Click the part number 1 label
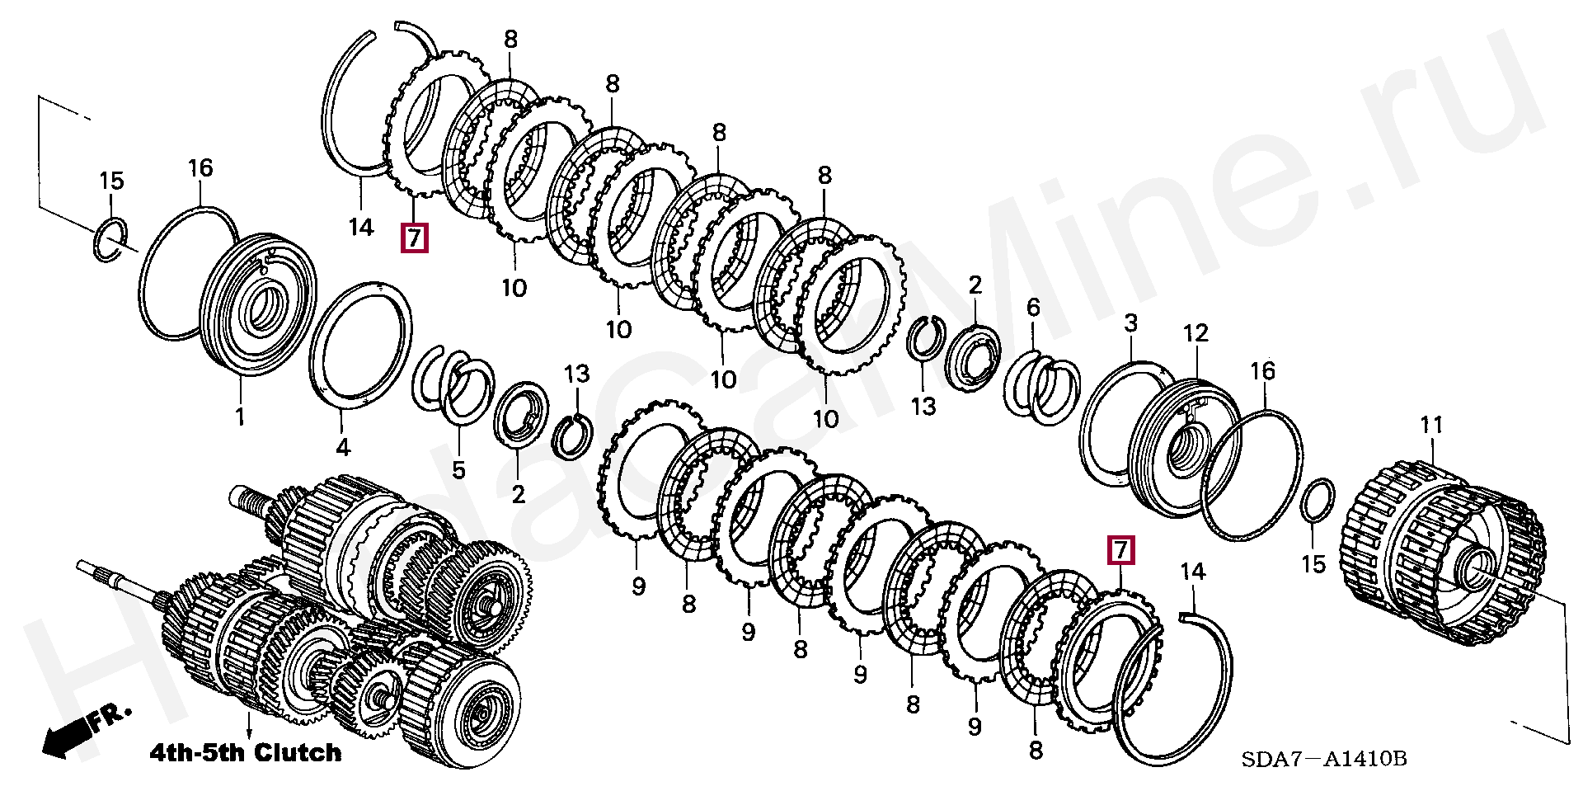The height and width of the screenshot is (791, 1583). [x=240, y=417]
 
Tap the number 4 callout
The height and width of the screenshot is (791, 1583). [x=342, y=447]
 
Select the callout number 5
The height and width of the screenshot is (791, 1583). [x=458, y=470]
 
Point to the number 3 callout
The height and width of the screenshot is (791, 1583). [x=1130, y=323]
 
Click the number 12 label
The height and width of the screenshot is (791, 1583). [x=1195, y=333]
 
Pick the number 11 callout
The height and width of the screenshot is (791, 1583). [x=1431, y=425]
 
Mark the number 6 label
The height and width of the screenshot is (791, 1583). [x=1033, y=308]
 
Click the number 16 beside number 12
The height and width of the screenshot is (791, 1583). [x=1262, y=371]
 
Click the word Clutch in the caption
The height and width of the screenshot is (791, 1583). [x=298, y=752]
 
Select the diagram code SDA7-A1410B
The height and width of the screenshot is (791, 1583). [x=1323, y=759]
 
